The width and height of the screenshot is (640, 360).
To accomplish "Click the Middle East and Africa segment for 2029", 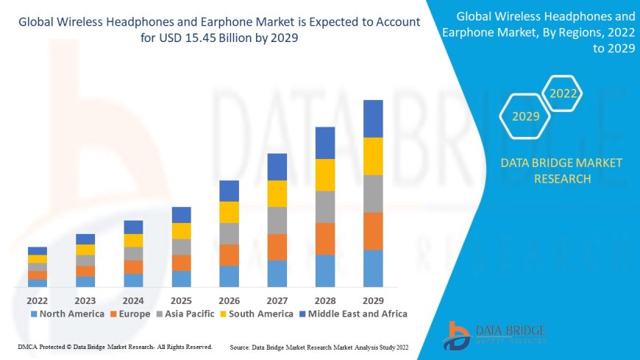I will pyautogui.click(x=373, y=119).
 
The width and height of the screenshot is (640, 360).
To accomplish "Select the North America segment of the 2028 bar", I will pyautogui.click(x=325, y=271).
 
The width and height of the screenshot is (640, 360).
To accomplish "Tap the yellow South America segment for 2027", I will pyautogui.click(x=277, y=194).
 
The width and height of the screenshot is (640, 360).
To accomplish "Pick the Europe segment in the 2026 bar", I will pyautogui.click(x=230, y=255).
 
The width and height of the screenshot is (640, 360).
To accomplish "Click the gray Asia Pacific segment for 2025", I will pyautogui.click(x=182, y=247).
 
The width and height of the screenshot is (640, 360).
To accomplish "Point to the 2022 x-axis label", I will pyautogui.click(x=38, y=300).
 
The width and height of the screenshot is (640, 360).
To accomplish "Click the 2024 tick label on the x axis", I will pyautogui.click(x=133, y=300).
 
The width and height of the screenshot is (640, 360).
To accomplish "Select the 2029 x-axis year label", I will pyautogui.click(x=373, y=300).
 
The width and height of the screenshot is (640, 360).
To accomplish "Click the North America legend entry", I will pyautogui.click(x=67, y=314).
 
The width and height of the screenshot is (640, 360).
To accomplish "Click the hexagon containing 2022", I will pyautogui.click(x=563, y=93).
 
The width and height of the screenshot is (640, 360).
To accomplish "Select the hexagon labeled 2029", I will pyautogui.click(x=525, y=116).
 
